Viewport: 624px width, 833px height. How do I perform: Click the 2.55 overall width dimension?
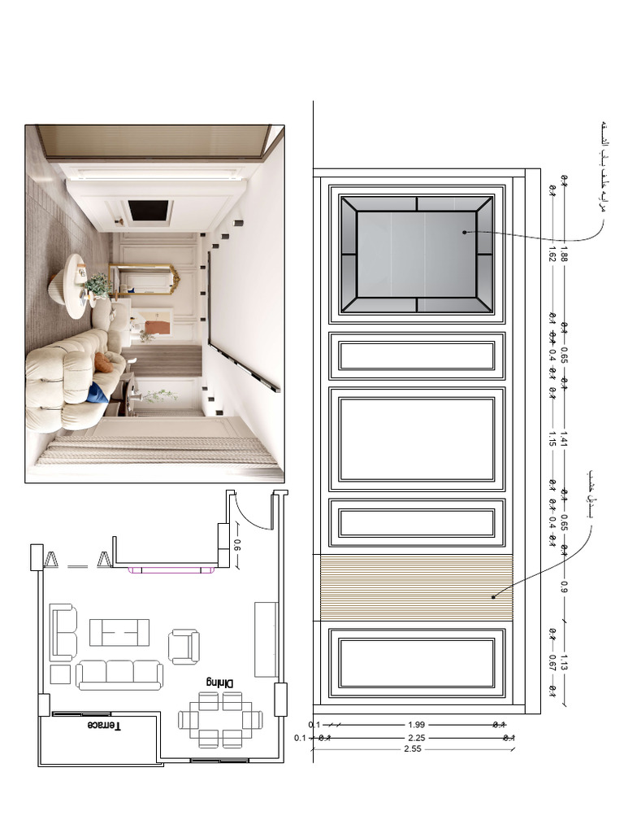point(413,749)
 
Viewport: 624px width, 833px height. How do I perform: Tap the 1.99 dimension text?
point(415,723)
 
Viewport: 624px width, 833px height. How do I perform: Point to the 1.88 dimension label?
point(564,258)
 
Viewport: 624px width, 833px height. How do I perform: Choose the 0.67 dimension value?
point(552,662)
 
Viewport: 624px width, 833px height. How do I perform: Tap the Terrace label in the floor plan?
point(105,725)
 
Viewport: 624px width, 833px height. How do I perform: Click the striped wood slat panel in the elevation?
point(416,588)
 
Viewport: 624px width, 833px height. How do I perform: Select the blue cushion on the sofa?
point(97,391)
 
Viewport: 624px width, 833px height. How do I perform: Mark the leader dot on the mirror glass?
point(465,232)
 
